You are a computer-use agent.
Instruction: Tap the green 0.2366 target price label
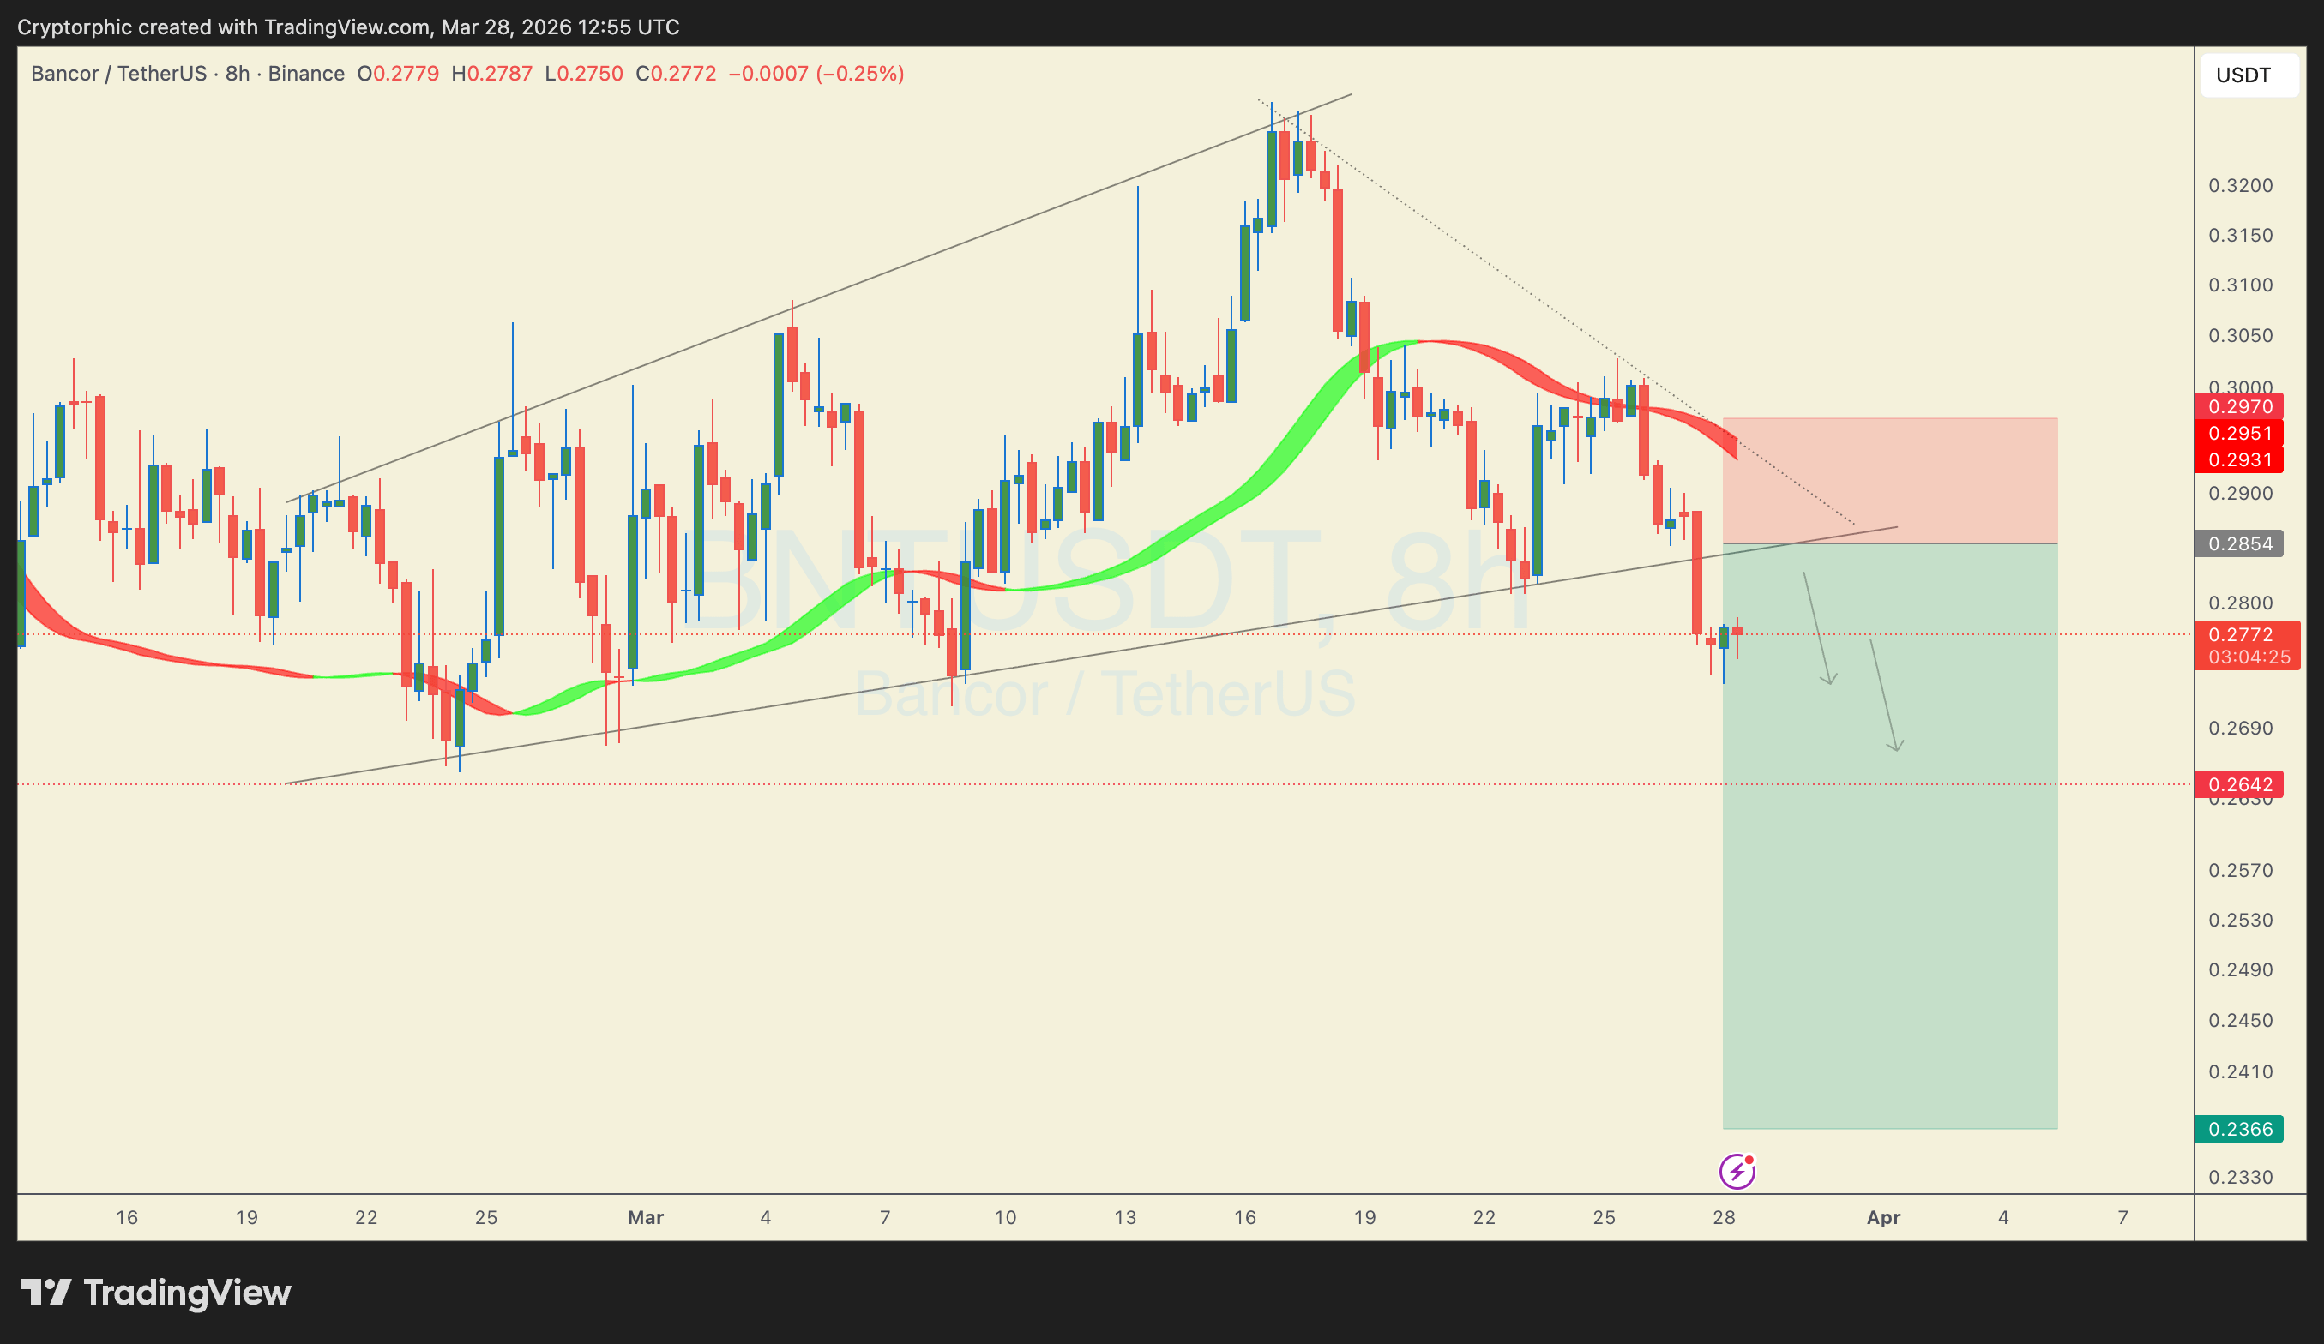click(2239, 1129)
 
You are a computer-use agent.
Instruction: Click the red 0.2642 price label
click(2239, 784)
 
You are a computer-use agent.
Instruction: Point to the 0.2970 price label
click(2239, 406)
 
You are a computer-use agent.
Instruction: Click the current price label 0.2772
click(2247, 635)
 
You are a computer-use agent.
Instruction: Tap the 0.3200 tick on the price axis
click(2240, 185)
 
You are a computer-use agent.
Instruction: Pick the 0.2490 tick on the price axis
click(2240, 969)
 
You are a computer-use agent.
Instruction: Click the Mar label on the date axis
click(646, 1218)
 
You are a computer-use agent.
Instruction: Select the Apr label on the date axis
click(1883, 1218)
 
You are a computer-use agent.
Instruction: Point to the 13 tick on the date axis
click(1125, 1218)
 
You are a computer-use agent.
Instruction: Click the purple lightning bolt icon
click(1737, 1172)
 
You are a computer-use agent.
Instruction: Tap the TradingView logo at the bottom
click(156, 1293)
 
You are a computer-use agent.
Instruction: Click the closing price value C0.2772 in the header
click(676, 74)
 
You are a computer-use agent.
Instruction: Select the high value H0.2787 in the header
click(491, 74)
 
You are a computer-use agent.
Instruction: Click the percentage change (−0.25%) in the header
click(859, 74)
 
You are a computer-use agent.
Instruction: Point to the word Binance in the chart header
click(306, 74)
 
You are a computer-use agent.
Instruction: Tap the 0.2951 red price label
click(2239, 433)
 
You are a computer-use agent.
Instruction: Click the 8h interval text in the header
click(237, 74)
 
